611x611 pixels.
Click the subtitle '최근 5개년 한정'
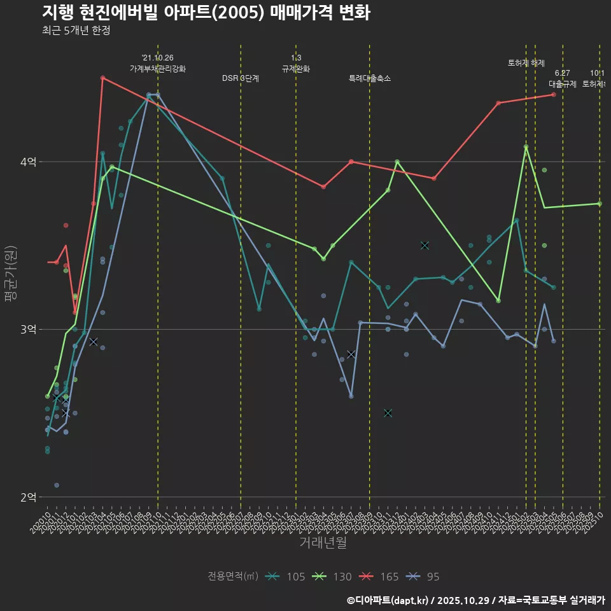coord(76,31)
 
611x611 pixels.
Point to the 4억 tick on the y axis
coord(28,162)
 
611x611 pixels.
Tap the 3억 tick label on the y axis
coord(28,330)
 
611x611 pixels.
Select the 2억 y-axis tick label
coord(28,497)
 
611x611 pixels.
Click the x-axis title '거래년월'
coord(323,543)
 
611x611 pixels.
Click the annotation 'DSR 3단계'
coord(241,78)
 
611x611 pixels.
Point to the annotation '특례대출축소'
coord(370,78)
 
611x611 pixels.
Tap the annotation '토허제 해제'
coord(526,63)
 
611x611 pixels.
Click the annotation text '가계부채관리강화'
coord(158,68)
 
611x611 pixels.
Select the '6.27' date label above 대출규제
coord(563,73)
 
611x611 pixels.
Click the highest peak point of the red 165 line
coord(102,78)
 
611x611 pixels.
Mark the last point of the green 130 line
coord(600,204)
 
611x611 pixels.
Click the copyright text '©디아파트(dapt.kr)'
coord(390,600)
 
